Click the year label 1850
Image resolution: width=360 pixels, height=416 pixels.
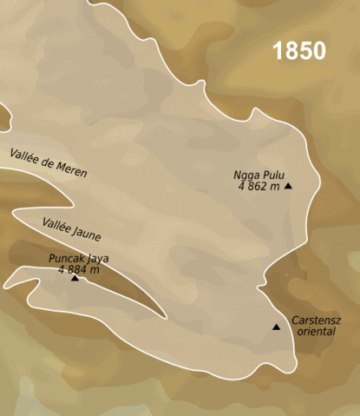(x=299, y=51)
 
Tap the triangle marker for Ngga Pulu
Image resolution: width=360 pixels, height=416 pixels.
(x=288, y=186)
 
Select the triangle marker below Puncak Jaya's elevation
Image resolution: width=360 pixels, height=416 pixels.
(x=75, y=278)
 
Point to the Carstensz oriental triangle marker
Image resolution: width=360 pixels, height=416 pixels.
(x=276, y=327)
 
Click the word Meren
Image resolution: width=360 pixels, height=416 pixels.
(x=70, y=168)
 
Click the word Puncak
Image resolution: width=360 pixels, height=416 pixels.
(x=68, y=258)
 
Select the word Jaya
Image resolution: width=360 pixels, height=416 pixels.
(x=98, y=258)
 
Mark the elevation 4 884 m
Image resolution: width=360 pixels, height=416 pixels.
(x=78, y=269)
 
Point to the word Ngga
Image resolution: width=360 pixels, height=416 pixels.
(x=246, y=173)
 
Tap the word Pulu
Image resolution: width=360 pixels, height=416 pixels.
(x=272, y=173)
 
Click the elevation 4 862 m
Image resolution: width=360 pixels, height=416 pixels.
(x=258, y=185)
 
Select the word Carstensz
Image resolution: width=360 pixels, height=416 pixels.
(x=316, y=320)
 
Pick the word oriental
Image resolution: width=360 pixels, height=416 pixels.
(x=316, y=331)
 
